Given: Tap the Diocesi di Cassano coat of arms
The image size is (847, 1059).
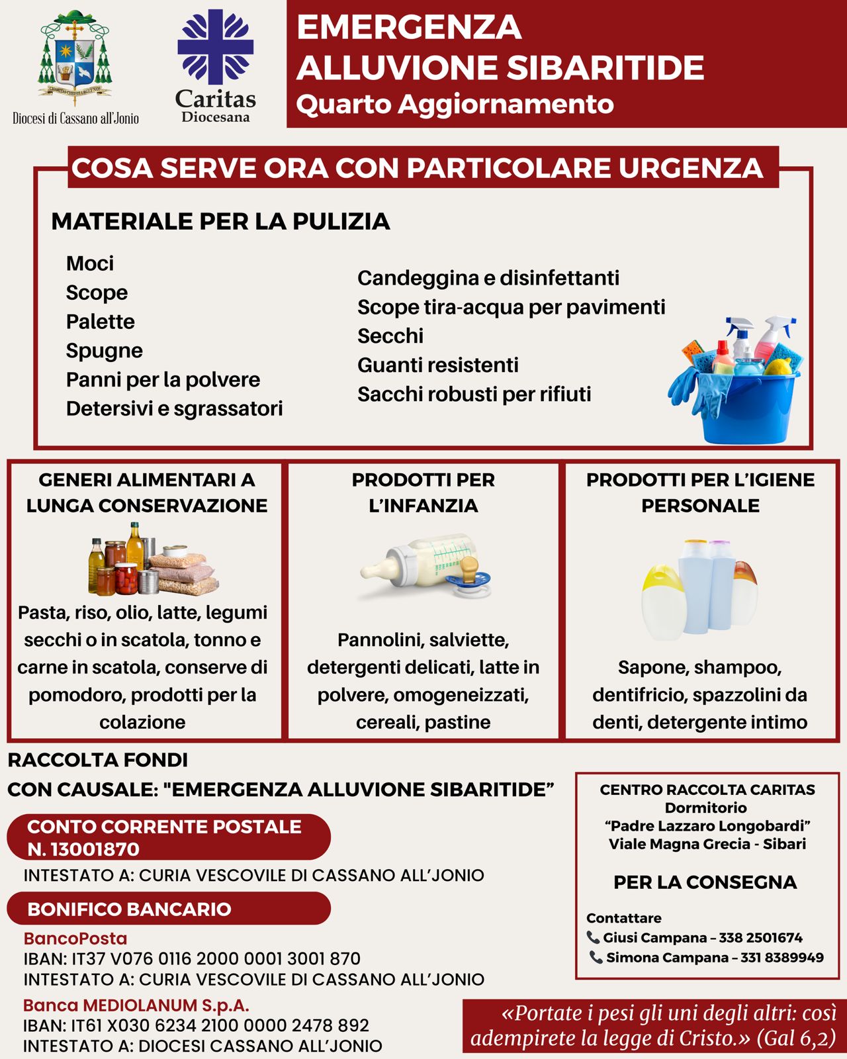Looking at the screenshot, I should tap(75, 58).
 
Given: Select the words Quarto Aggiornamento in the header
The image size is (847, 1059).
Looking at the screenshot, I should tap(455, 105).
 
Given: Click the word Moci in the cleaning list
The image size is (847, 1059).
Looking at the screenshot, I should tap(90, 263).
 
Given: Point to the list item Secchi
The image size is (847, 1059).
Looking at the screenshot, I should tap(390, 336).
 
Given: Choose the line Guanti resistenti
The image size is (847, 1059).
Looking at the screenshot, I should tap(437, 365).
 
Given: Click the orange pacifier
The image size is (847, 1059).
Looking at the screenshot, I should tap(470, 573).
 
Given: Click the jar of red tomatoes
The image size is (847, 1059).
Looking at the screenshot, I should tap(125, 578).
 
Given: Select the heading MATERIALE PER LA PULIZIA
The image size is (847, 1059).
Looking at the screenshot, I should tap(220, 222).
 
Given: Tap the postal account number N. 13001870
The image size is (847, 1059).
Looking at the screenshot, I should tap(83, 849).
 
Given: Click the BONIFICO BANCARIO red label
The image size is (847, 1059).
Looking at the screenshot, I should tap(130, 909).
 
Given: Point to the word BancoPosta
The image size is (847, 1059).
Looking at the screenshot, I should tap(75, 939).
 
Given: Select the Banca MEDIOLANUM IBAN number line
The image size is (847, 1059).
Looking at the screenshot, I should tap(196, 1025).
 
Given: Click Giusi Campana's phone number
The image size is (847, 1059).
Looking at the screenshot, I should tap(760, 938).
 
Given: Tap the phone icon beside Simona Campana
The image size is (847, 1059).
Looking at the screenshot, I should tap(596, 957).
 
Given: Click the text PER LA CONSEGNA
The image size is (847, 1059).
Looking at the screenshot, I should tap(705, 882).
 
